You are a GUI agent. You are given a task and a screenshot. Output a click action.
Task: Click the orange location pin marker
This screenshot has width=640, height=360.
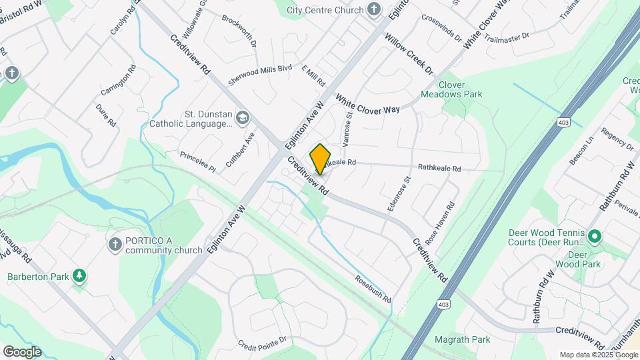pyautogui.click(x=320, y=159)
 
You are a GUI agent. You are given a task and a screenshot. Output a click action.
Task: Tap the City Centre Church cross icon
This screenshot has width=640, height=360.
pyautogui.click(x=374, y=10)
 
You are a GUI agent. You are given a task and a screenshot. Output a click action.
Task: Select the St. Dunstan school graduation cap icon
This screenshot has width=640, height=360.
pyautogui.click(x=242, y=119)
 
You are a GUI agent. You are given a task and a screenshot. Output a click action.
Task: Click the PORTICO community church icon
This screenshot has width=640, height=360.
pyautogui.click(x=114, y=245)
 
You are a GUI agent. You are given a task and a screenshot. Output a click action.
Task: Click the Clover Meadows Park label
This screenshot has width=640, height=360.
pyautogui.click(x=461, y=90)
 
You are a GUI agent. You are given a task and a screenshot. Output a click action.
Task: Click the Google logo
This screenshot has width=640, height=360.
pyautogui.click(x=22, y=352)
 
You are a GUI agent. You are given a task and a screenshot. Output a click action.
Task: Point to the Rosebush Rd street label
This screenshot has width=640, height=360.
pyautogui.click(x=372, y=289)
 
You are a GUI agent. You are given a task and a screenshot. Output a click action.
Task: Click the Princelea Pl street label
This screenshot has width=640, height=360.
pyautogui.click(x=198, y=161)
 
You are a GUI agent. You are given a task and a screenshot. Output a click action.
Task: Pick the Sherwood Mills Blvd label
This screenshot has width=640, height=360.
pyautogui.click(x=260, y=73)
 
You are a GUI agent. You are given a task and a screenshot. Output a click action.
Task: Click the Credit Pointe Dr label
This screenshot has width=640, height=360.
pyautogui.click(x=263, y=342)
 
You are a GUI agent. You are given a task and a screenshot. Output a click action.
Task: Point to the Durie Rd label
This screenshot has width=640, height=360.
pyautogui.click(x=106, y=115)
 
